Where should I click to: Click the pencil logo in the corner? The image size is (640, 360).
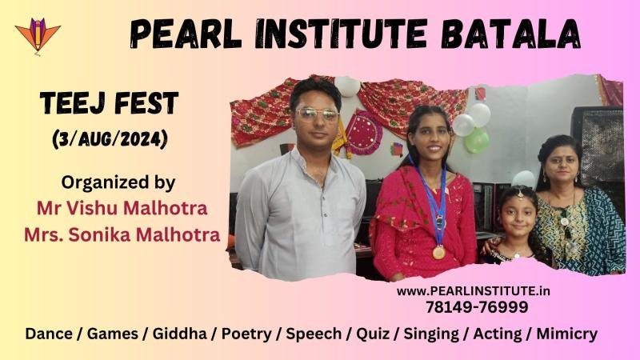(38, 36)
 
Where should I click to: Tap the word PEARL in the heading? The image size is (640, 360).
(186, 34)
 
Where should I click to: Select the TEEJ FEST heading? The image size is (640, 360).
(110, 103)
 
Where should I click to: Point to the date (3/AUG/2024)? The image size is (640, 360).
(110, 140)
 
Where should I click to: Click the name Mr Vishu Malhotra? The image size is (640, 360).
(122, 208)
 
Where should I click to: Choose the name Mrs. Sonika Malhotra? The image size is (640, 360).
(122, 234)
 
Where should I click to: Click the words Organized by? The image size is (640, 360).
(118, 183)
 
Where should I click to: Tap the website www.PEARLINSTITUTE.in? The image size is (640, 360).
(474, 291)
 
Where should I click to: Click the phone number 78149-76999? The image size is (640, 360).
(477, 307)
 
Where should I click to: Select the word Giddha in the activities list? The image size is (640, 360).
(179, 334)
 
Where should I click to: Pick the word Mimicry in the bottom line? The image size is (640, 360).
(567, 334)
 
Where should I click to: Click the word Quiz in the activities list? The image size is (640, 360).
(373, 334)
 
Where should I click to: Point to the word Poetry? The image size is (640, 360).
(246, 334)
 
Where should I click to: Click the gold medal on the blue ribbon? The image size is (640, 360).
(438, 253)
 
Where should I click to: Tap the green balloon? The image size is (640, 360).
(476, 141)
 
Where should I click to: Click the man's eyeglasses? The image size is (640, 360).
(317, 114)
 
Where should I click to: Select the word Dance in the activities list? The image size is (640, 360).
(49, 334)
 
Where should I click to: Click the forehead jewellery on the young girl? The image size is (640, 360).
(519, 193)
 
